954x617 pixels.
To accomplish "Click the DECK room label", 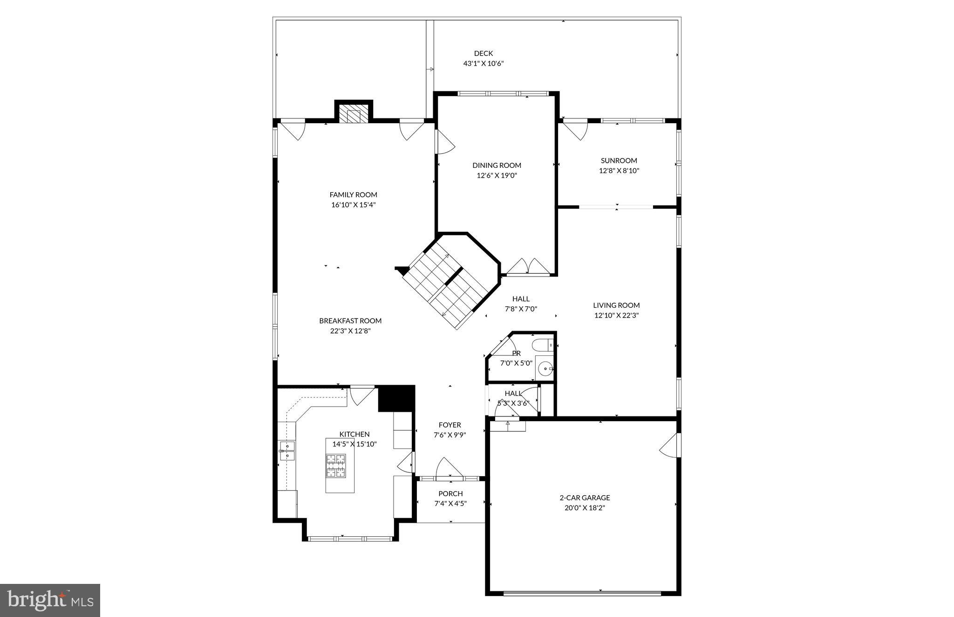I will pos(483,54).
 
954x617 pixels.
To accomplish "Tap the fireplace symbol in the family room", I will pos(354,115).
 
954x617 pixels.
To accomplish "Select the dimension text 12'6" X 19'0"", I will pos(497,176).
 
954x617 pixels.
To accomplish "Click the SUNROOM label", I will pos(619,160).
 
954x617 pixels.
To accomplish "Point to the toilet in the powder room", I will pos(543,346).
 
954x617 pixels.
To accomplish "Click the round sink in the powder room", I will pos(544,369).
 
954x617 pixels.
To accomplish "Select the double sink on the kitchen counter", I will pos(287,451).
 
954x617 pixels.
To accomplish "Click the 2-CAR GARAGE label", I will pos(585,498).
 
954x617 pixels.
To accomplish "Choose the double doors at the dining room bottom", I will pos(528,267).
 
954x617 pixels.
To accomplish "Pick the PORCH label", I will pos(450,493).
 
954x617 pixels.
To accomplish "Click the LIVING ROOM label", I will pos(616,305).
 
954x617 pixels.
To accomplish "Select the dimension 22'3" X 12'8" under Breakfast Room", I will pos(350,331).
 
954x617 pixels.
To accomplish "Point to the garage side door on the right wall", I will pos(671,446).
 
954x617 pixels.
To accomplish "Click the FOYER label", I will pos(450,425).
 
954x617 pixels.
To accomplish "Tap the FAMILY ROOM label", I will pos(353,195).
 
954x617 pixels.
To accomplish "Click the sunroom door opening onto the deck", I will pos(576,129).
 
